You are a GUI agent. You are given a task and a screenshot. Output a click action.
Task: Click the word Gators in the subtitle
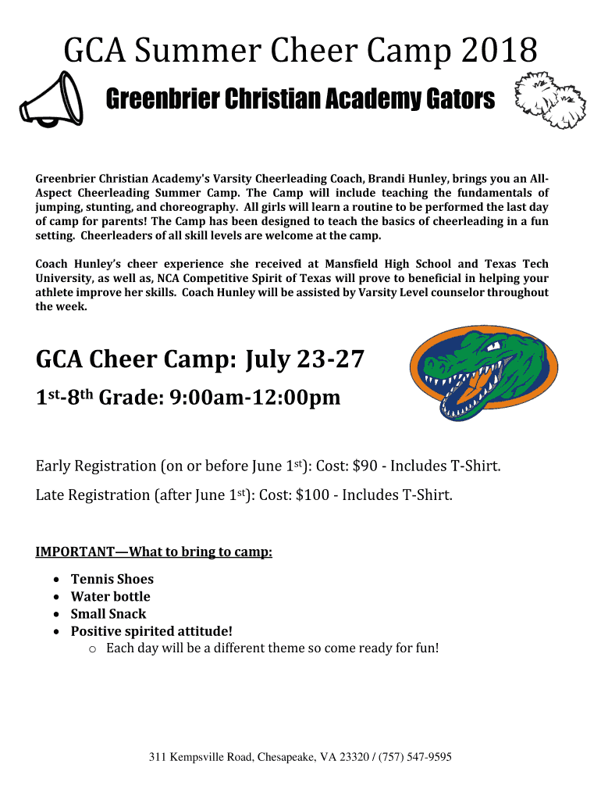461,99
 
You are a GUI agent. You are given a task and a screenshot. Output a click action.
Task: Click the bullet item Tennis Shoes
112,579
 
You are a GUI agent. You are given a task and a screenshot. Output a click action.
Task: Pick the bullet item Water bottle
110,596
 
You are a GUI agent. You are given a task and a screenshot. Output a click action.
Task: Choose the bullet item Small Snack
108,614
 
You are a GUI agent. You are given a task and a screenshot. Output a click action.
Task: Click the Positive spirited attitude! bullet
151,631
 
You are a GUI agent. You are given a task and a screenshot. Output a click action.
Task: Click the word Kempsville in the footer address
198,757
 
